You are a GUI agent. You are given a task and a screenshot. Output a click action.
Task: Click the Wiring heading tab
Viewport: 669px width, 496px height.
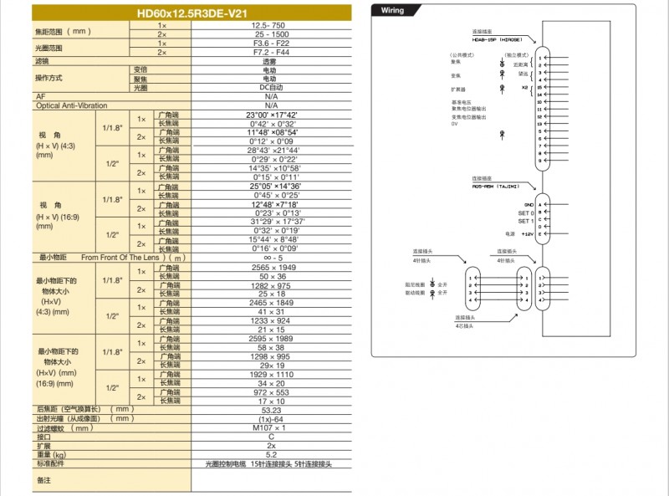click(393, 11)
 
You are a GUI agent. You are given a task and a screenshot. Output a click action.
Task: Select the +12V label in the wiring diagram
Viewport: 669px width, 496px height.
click(527, 234)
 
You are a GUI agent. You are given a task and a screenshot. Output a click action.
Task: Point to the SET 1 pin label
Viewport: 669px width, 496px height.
click(525, 221)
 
